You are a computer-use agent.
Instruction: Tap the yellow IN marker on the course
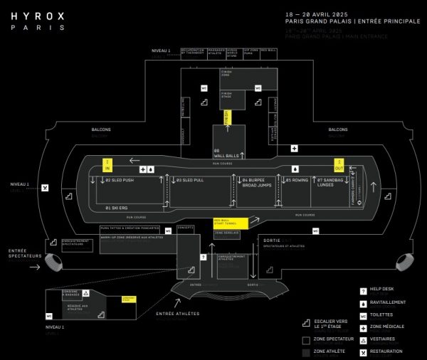pyautogui.click(x=108, y=165)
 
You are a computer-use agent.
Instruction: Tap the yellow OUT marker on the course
pyautogui.click(x=339, y=164)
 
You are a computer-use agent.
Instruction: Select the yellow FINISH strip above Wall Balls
pyautogui.click(x=227, y=117)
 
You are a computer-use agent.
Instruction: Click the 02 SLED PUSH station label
pyautogui.click(x=120, y=180)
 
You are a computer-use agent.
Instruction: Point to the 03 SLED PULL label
pyautogui.click(x=190, y=180)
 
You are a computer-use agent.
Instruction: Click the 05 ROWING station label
pyautogui.click(x=296, y=180)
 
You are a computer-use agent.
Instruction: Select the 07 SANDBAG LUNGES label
pyautogui.click(x=331, y=183)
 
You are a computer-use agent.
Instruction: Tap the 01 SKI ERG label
pyautogui.click(x=116, y=207)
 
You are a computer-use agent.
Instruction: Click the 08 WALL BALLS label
pyautogui.click(x=226, y=153)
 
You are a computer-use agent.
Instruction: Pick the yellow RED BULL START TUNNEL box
pyautogui.click(x=229, y=223)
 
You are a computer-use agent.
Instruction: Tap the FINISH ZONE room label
pyautogui.click(x=227, y=72)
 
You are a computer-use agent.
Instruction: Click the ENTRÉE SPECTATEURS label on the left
pyautogui.click(x=26, y=253)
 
